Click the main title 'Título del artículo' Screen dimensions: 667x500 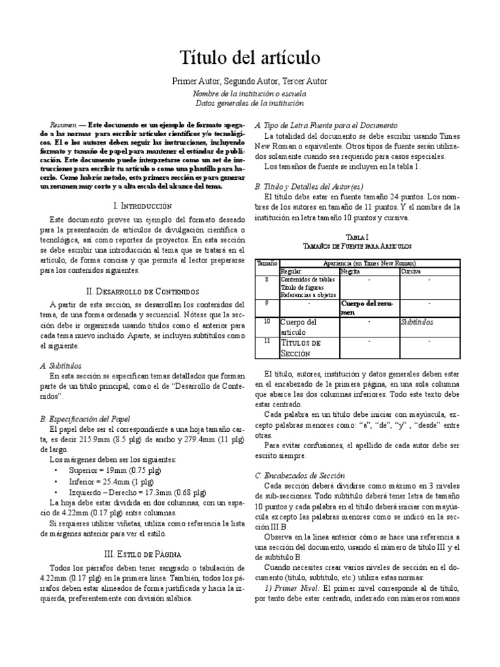(x=249, y=58)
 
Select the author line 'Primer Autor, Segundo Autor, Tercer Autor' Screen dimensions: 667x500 (x=249, y=81)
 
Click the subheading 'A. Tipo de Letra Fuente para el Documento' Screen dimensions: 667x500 (x=326, y=125)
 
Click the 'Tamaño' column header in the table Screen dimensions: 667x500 (x=265, y=263)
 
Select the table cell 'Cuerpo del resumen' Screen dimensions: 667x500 (x=367, y=307)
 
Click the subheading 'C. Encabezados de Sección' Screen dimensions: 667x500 (x=300, y=475)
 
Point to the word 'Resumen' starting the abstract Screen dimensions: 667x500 (x=63, y=124)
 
